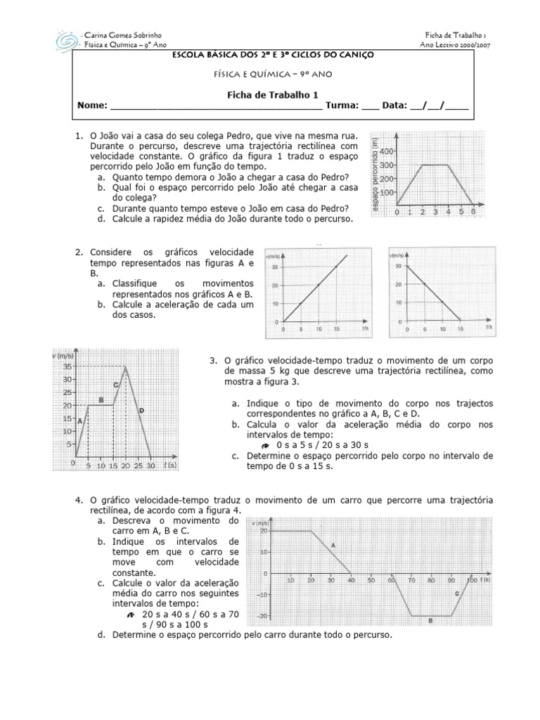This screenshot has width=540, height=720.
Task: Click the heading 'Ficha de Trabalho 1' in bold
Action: pos(271,92)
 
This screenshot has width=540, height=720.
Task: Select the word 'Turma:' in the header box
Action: pos(342,105)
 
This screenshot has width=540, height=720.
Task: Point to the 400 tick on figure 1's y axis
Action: pos(387,150)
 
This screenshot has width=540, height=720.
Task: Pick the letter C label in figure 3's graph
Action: pos(115,385)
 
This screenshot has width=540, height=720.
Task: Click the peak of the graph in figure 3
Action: pos(126,366)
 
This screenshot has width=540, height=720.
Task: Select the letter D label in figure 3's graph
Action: pos(141,410)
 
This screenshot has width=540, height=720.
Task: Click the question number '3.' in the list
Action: pos(214,361)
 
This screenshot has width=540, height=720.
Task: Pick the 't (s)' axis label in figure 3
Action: pos(169,465)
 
